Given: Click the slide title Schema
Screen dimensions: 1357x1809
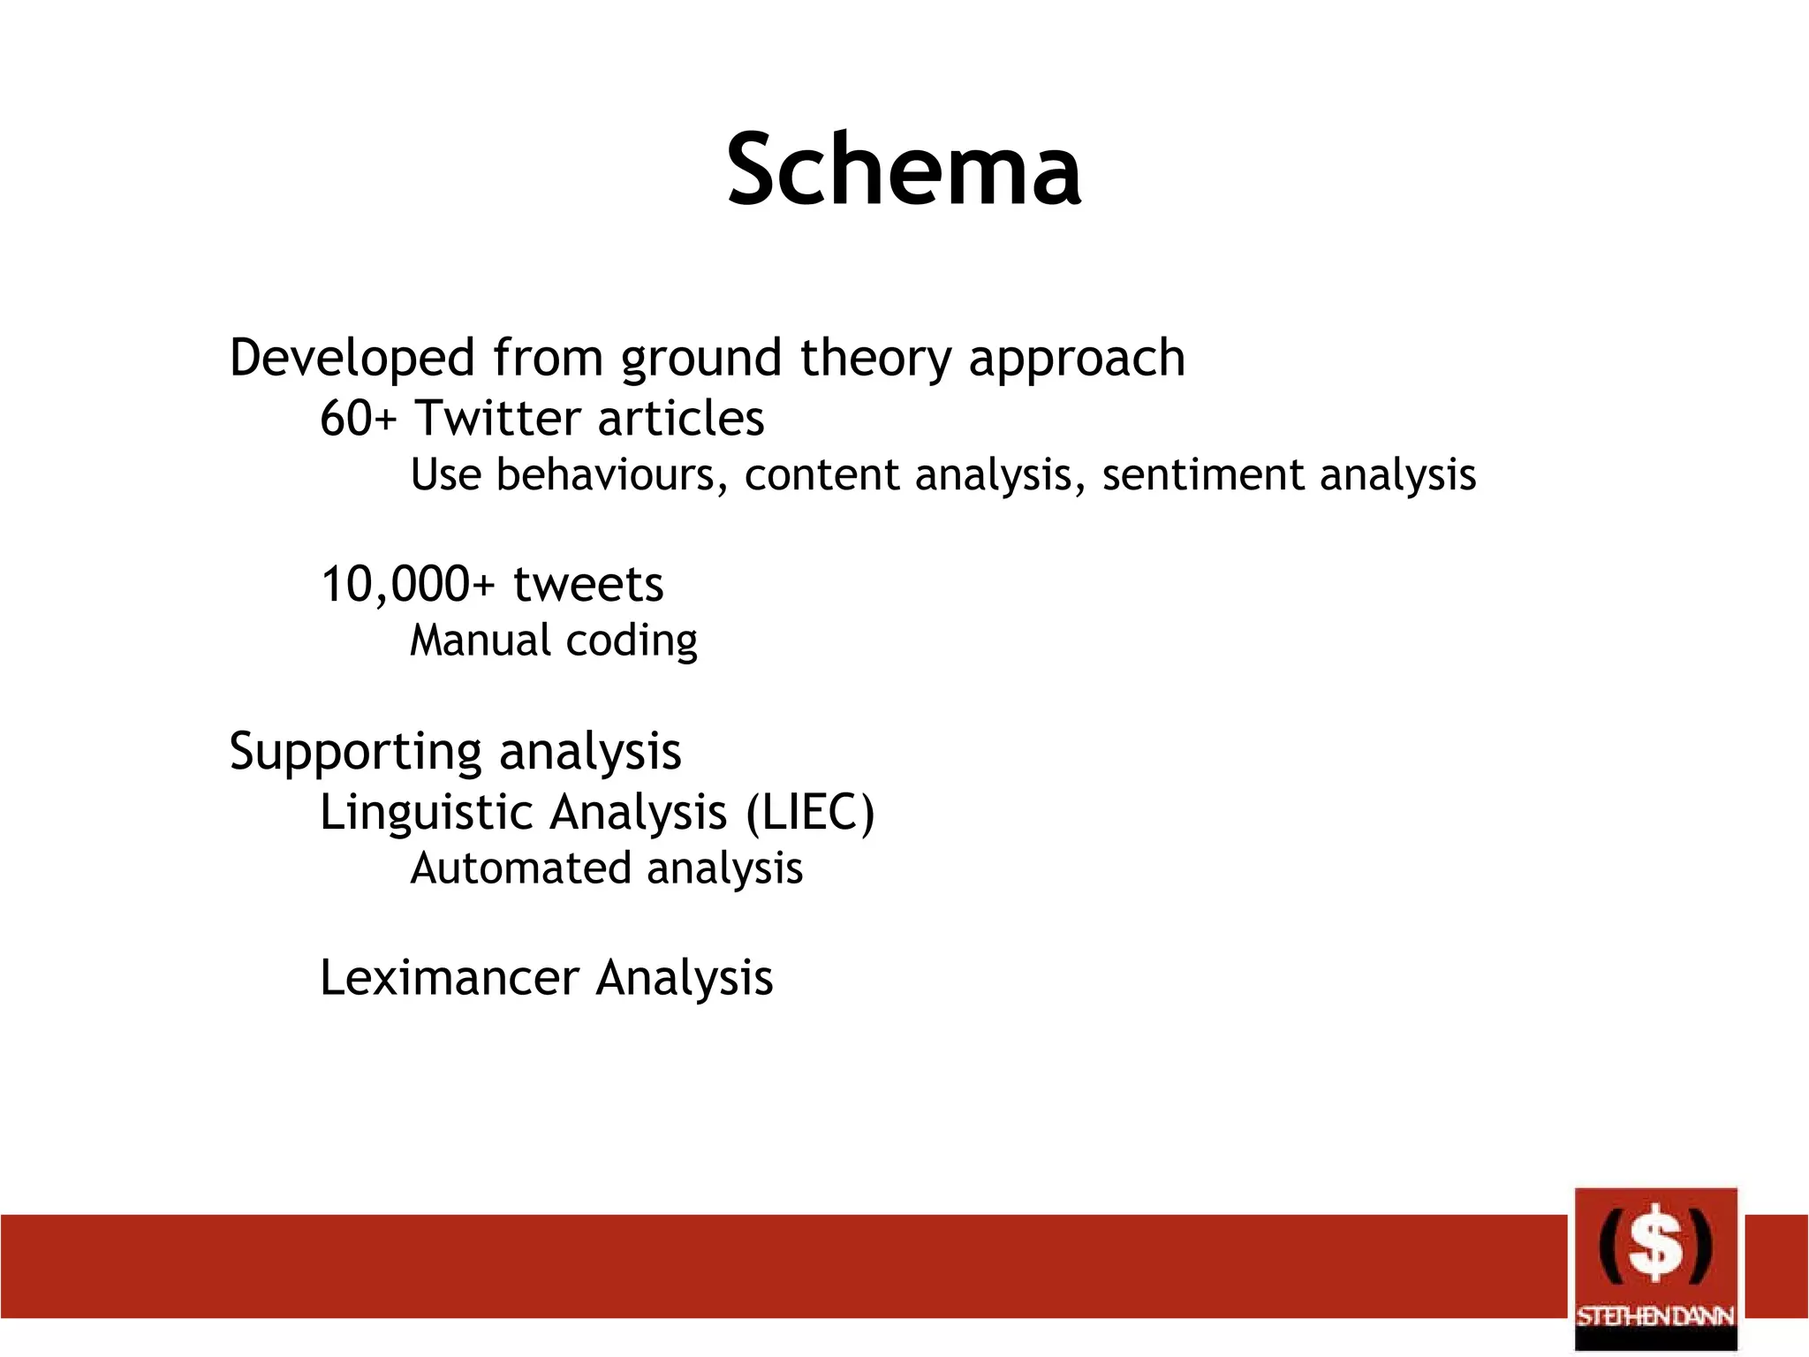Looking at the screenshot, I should point(904,169).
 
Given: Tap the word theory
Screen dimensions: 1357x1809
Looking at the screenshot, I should point(875,359).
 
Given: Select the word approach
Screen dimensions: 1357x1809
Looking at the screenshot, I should point(1076,359).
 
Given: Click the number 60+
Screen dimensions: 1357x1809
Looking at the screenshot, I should point(358,418).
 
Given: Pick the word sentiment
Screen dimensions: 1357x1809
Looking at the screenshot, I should point(1202,474).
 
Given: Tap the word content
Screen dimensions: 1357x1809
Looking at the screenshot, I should point(821,474).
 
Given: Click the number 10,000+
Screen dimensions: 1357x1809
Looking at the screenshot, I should point(407,584).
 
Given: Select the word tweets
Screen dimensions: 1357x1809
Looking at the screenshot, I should point(588,584).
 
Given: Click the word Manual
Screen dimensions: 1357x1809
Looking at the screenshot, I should point(480,640).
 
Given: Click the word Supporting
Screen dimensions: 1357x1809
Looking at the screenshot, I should point(354,753).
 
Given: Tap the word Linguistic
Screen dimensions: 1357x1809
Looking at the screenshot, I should point(424,812).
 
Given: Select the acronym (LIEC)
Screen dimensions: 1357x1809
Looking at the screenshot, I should point(810,812).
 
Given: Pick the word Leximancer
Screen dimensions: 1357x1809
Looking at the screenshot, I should point(449,978).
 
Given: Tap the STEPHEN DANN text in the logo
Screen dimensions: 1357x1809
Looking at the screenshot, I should point(1655,1317).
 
